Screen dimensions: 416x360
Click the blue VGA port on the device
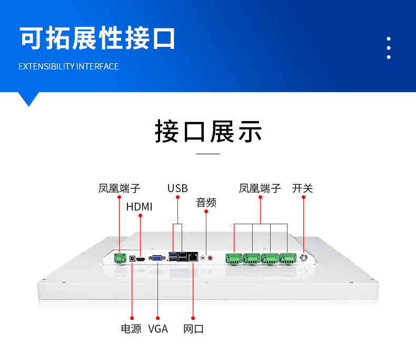tap(157, 258)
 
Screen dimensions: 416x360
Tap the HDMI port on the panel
tap(141, 259)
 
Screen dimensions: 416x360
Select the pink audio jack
tap(210, 258)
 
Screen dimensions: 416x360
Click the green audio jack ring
tap(203, 258)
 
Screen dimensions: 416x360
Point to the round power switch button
tap(303, 258)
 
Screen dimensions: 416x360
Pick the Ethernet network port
tap(193, 257)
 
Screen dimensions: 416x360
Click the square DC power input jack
tap(132, 258)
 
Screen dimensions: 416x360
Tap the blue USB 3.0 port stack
tap(173, 257)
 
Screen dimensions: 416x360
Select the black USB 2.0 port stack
tap(182, 257)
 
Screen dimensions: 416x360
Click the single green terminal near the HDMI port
tap(120, 258)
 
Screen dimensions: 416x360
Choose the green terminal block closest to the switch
tap(288, 258)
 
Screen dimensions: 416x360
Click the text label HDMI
tap(140, 207)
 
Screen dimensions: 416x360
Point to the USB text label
tap(177, 188)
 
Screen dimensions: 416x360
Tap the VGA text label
tap(158, 329)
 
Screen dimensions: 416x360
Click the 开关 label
tap(302, 188)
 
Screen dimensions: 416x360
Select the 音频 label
tap(206, 203)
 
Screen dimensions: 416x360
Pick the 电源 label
tap(131, 329)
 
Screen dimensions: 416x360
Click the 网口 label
tap(193, 329)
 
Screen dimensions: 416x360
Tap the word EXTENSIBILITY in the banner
tap(47, 66)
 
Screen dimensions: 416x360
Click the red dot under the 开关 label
tap(303, 197)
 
